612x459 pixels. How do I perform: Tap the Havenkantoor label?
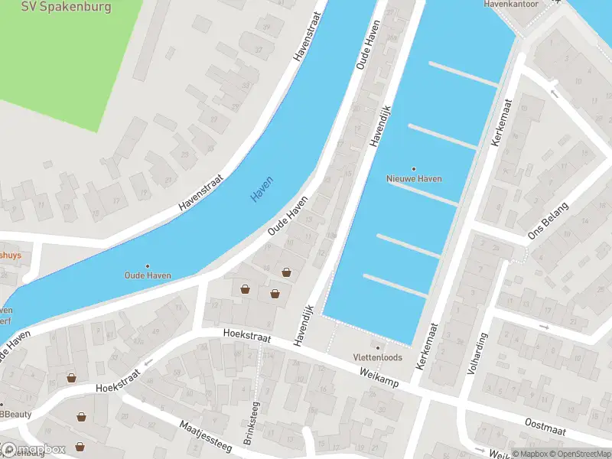click(x=511, y=4)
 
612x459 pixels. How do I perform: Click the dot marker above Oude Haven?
click(x=148, y=265)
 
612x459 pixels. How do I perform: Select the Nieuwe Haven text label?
click(x=414, y=178)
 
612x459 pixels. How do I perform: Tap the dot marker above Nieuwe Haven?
click(x=414, y=168)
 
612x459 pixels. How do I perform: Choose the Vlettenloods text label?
click(x=376, y=357)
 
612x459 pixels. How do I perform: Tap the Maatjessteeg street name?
click(x=205, y=434)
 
